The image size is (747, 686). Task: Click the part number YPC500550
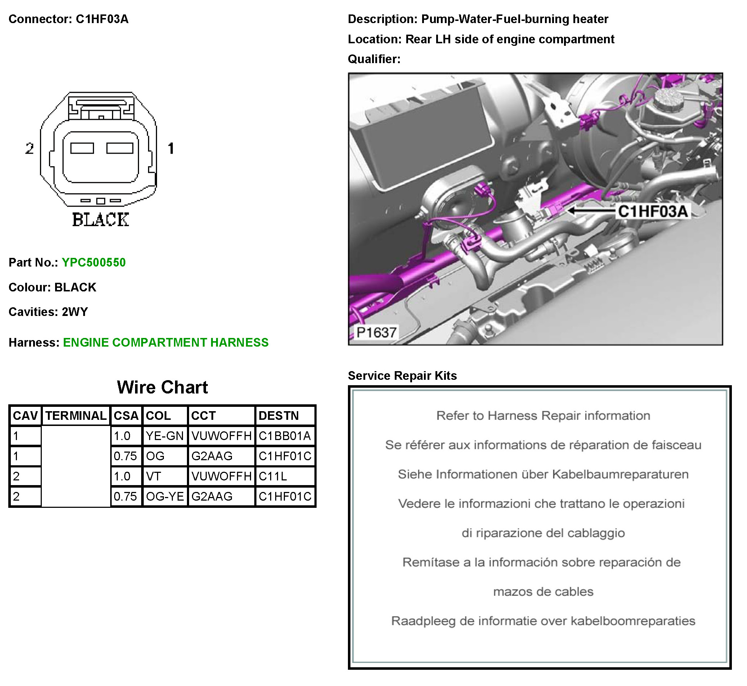coord(93,263)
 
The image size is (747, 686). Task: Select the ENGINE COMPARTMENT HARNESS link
coord(165,342)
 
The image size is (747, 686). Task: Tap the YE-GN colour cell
coord(165,436)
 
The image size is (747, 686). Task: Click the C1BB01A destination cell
coord(284,436)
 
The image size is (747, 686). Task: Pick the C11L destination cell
coord(273,476)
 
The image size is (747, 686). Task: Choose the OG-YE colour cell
coord(165,496)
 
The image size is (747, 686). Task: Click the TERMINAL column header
coord(76,415)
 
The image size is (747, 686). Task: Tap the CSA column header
coord(126,415)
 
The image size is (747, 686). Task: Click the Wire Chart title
coord(162,387)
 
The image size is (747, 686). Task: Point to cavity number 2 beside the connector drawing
coord(29,149)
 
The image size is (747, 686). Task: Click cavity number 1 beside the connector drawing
coord(171,149)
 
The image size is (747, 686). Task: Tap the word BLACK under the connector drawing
coord(100,220)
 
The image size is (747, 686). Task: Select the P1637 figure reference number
coord(377,332)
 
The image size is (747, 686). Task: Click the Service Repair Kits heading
coord(402,376)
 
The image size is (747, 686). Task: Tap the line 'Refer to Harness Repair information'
coord(543,416)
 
